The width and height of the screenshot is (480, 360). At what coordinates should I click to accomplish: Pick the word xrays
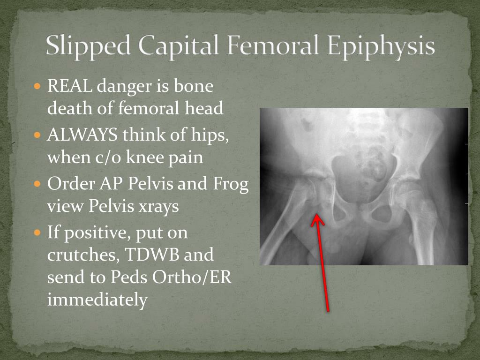tap(158, 206)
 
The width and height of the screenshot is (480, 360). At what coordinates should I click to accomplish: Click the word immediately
tap(97, 300)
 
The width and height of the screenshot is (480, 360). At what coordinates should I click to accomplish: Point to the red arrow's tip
tap(317, 216)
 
